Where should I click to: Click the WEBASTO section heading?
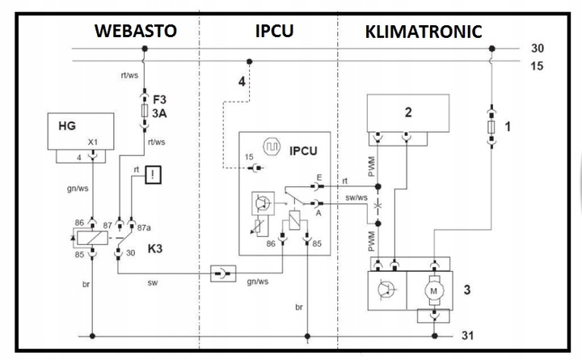tap(135, 32)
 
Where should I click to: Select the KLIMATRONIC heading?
tap(423, 32)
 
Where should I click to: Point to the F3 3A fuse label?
tap(159, 106)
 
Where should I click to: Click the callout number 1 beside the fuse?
tap(508, 126)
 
